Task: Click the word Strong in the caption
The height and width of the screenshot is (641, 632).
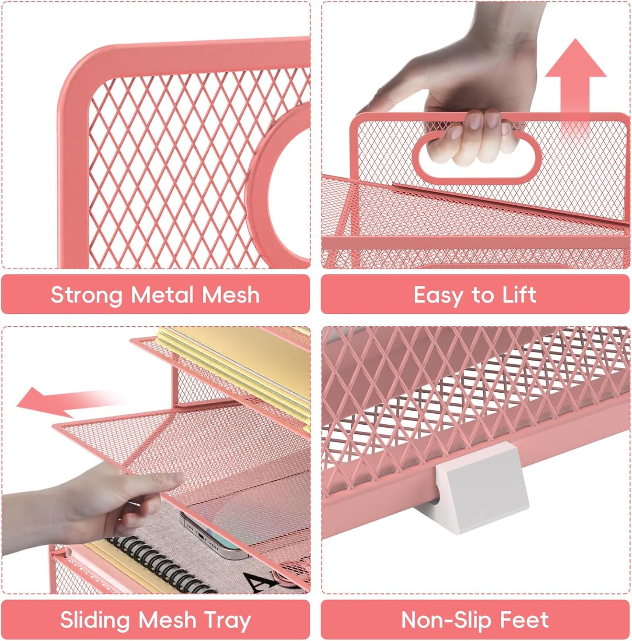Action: pos(86,295)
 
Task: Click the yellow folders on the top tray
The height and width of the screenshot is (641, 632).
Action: pos(236,359)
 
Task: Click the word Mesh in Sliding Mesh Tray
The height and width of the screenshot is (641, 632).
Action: pos(167,620)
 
